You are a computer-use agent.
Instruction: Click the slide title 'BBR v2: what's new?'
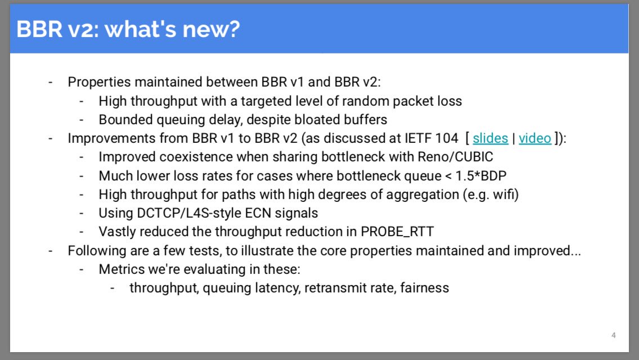tap(128, 29)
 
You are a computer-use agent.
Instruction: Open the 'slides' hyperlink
tap(490, 138)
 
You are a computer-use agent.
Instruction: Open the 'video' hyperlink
tap(535, 138)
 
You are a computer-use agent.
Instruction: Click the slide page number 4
tap(613, 335)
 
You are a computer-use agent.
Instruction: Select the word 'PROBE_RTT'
tap(397, 232)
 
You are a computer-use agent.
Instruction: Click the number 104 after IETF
tap(447, 138)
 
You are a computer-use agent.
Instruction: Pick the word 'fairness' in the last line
tap(424, 288)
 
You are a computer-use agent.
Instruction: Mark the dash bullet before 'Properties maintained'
tap(51, 82)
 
